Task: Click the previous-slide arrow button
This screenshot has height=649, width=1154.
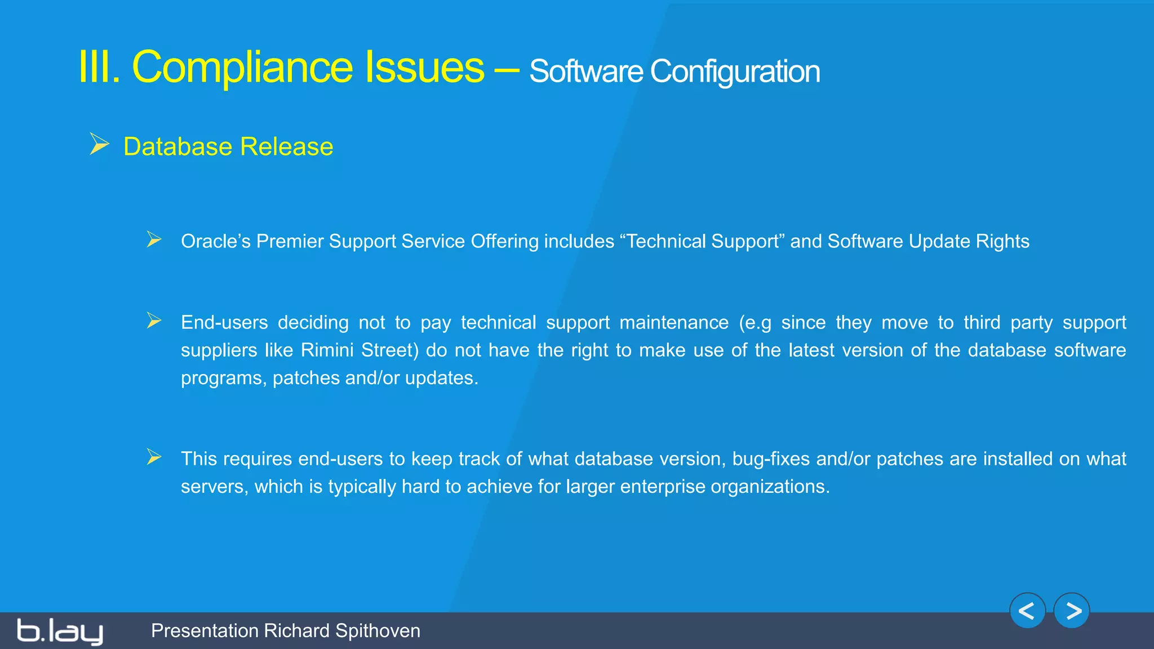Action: point(1027,611)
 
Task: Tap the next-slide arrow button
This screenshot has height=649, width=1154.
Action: point(1072,611)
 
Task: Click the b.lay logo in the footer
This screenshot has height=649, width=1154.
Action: point(60,631)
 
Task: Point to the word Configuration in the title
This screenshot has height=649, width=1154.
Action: point(735,72)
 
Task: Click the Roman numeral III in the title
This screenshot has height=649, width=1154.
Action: point(99,68)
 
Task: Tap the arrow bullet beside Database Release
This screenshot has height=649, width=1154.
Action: point(99,144)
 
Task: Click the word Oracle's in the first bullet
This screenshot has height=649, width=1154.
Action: point(215,241)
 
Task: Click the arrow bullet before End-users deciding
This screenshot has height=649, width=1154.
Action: point(154,321)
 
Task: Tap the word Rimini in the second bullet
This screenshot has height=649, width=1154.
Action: point(327,350)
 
